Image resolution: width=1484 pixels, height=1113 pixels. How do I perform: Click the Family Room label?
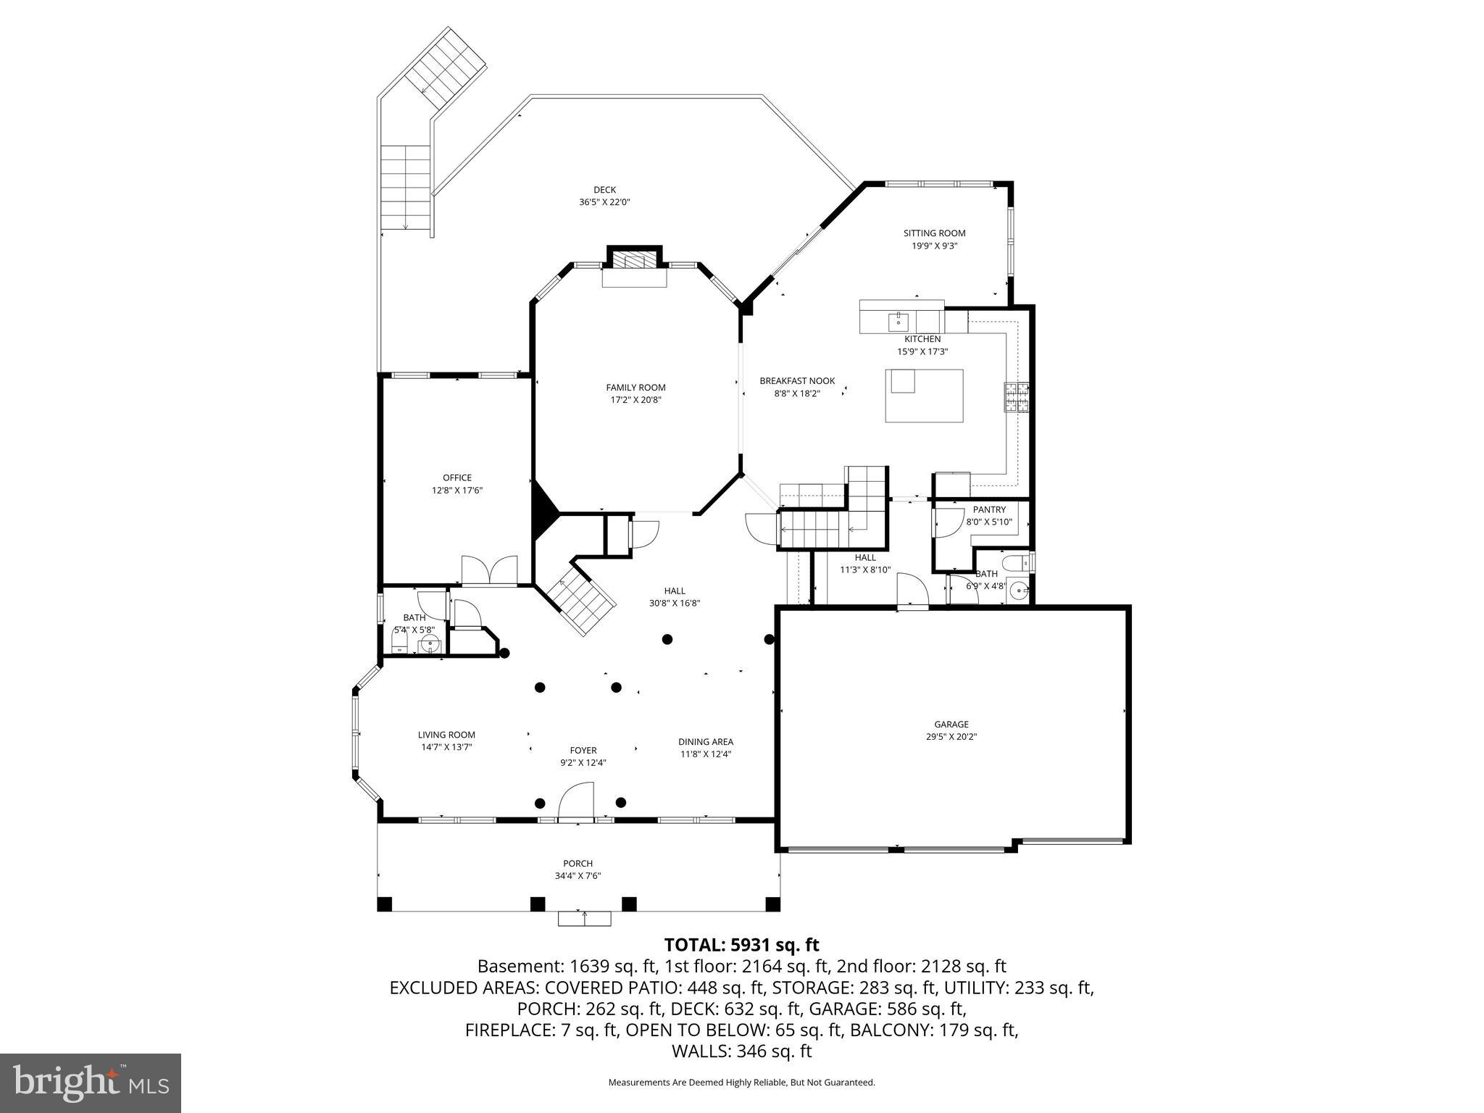click(x=635, y=388)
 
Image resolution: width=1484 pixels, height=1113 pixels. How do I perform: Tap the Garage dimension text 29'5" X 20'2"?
click(x=951, y=736)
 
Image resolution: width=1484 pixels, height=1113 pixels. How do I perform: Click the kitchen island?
click(x=924, y=395)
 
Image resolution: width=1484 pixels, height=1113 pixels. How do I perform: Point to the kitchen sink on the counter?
click(x=899, y=320)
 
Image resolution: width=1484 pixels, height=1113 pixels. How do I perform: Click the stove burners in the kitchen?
click(x=1017, y=397)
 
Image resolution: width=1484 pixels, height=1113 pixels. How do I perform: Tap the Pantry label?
click(x=988, y=509)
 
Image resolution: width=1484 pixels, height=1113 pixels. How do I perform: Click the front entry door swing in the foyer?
click(x=578, y=801)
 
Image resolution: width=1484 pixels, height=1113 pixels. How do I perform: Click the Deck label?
click(x=604, y=190)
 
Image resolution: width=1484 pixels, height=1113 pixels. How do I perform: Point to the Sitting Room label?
click(x=934, y=233)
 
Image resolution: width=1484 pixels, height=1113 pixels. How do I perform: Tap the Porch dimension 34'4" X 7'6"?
click(x=578, y=875)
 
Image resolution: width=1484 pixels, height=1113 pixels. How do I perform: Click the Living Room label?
click(x=446, y=735)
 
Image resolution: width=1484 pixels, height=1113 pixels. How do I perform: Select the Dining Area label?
click(x=705, y=741)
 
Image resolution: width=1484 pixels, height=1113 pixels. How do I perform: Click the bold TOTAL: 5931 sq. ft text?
click(x=741, y=945)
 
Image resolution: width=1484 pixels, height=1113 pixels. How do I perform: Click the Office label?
click(x=457, y=478)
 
